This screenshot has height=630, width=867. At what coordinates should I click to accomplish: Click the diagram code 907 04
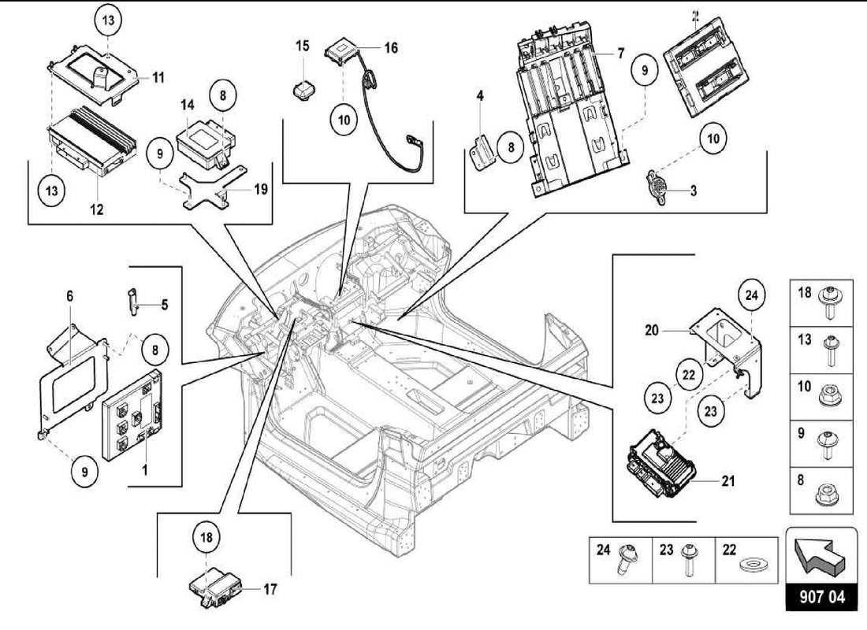(821, 597)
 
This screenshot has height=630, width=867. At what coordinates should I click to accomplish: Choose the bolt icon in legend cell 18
(830, 299)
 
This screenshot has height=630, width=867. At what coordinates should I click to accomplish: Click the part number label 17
(270, 588)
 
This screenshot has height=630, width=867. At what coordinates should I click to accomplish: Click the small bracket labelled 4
(483, 150)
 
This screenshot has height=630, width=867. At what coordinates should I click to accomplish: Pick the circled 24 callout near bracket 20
(750, 296)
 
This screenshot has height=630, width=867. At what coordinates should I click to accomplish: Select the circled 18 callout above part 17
(205, 539)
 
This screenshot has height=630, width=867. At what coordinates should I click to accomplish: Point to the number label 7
(621, 54)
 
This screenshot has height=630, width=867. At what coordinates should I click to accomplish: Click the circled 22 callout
(689, 374)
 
